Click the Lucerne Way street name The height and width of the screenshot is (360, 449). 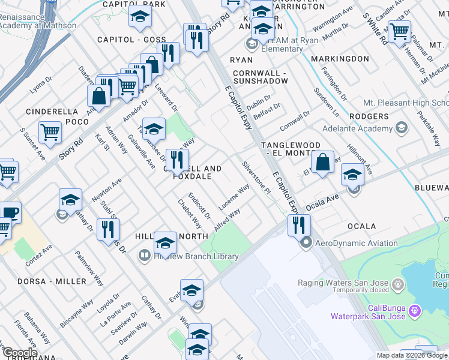coord(234,197)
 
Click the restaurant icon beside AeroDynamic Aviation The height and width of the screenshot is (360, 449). coord(298,225)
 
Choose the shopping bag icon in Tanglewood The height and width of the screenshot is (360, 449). coord(322,161)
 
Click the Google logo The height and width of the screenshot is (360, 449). coord(19,353)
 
